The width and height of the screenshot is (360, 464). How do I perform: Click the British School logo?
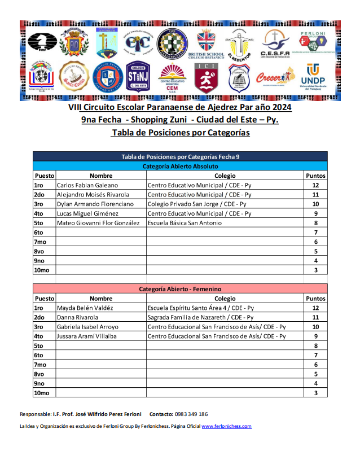click(210, 43)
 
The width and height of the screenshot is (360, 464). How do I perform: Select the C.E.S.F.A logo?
click(274, 43)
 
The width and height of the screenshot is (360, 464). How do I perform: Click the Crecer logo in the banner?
click(275, 77)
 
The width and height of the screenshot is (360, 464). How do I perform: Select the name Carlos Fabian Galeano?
click(87, 185)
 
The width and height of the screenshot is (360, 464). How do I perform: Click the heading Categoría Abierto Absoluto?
click(180, 167)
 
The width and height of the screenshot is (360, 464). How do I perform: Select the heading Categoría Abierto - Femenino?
click(180, 289)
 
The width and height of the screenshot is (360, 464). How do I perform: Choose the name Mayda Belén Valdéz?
click(85, 308)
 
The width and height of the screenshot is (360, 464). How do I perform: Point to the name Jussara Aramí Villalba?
click(87, 336)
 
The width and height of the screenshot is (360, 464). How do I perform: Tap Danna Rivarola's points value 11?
click(315, 317)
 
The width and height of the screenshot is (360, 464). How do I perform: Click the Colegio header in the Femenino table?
click(225, 298)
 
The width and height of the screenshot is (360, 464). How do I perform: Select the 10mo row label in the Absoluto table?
click(42, 270)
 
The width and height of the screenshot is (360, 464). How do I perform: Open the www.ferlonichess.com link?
click(226, 426)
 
